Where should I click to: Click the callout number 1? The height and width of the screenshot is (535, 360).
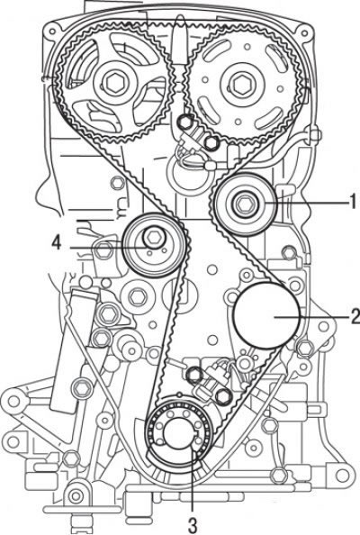coord(354,202)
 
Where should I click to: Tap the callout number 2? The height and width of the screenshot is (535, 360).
coord(355,316)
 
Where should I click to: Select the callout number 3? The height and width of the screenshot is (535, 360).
coord(193,525)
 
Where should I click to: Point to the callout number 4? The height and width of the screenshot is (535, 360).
coord(57,243)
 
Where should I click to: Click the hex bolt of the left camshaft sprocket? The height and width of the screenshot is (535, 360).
coord(112,83)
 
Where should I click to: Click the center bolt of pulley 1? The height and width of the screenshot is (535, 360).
coord(243,204)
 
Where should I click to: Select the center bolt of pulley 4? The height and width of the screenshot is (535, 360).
coord(152,237)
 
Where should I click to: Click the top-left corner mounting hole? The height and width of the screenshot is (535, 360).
coord(52,32)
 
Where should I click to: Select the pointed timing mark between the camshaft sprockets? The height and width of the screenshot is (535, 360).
coord(178,41)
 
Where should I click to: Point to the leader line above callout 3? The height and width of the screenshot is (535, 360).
coord(193,482)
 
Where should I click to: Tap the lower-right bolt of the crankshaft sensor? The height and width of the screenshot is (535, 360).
coord(223,396)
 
